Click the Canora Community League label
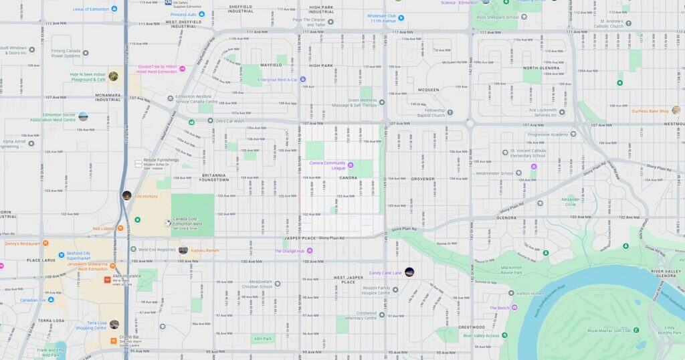tap(327, 164)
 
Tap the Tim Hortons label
tap(146, 196)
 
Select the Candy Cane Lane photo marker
tap(409, 272)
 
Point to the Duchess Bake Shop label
tap(650, 111)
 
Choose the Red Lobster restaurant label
tap(104, 229)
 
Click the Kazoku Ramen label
tap(205, 250)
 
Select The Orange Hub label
tap(289, 251)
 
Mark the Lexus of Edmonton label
tap(90, 9)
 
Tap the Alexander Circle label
tap(571, 201)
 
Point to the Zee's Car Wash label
tap(229, 121)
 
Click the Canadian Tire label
tap(36, 300)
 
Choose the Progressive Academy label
tap(547, 134)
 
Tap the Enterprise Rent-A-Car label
tap(277, 80)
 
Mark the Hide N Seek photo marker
tap(113, 76)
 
